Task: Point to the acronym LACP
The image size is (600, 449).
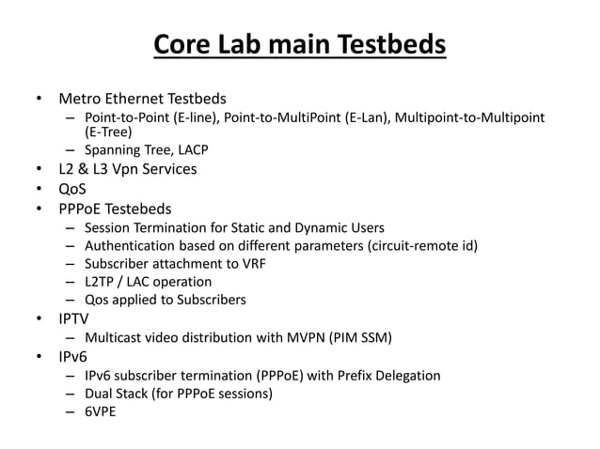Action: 189,150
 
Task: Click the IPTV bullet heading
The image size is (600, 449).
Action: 76,318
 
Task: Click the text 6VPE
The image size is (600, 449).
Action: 100,411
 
